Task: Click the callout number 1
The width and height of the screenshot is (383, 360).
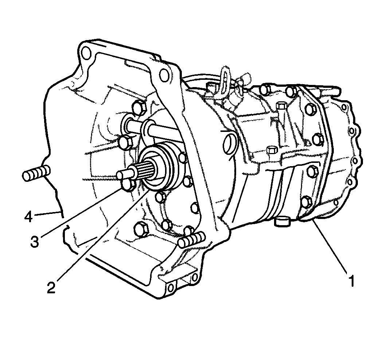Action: (x=352, y=281)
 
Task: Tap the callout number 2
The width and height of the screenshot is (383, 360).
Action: (x=51, y=287)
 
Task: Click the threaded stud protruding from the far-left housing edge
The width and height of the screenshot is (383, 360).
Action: (x=36, y=173)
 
